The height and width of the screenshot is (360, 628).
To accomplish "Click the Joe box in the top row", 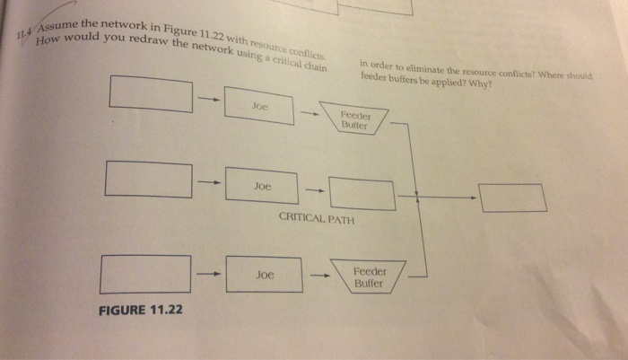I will [259, 105].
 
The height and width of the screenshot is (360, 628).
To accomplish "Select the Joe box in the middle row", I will [261, 186].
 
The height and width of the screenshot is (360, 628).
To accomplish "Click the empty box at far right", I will [512, 198].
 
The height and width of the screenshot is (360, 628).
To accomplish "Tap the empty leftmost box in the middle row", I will [147, 178].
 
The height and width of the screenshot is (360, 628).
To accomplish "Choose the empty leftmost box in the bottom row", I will [144, 273].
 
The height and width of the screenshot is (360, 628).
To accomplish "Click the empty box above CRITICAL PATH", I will [362, 194].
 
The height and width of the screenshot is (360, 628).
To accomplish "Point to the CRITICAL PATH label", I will [317, 218].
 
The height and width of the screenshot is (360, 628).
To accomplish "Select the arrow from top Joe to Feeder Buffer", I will [308, 113].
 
